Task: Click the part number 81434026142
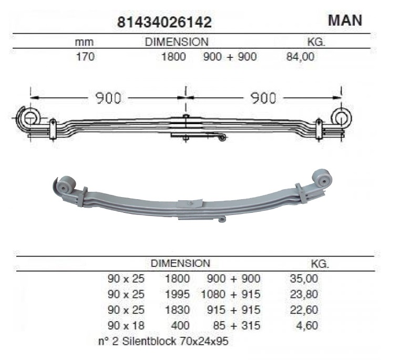coord(165,22)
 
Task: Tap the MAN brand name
coord(345,20)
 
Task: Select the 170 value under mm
coord(85,56)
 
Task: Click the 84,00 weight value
coord(300,56)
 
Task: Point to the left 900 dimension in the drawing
coord(108,98)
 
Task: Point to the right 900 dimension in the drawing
coord(263,98)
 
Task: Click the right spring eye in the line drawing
coord(341,117)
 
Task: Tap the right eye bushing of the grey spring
coord(322,178)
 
